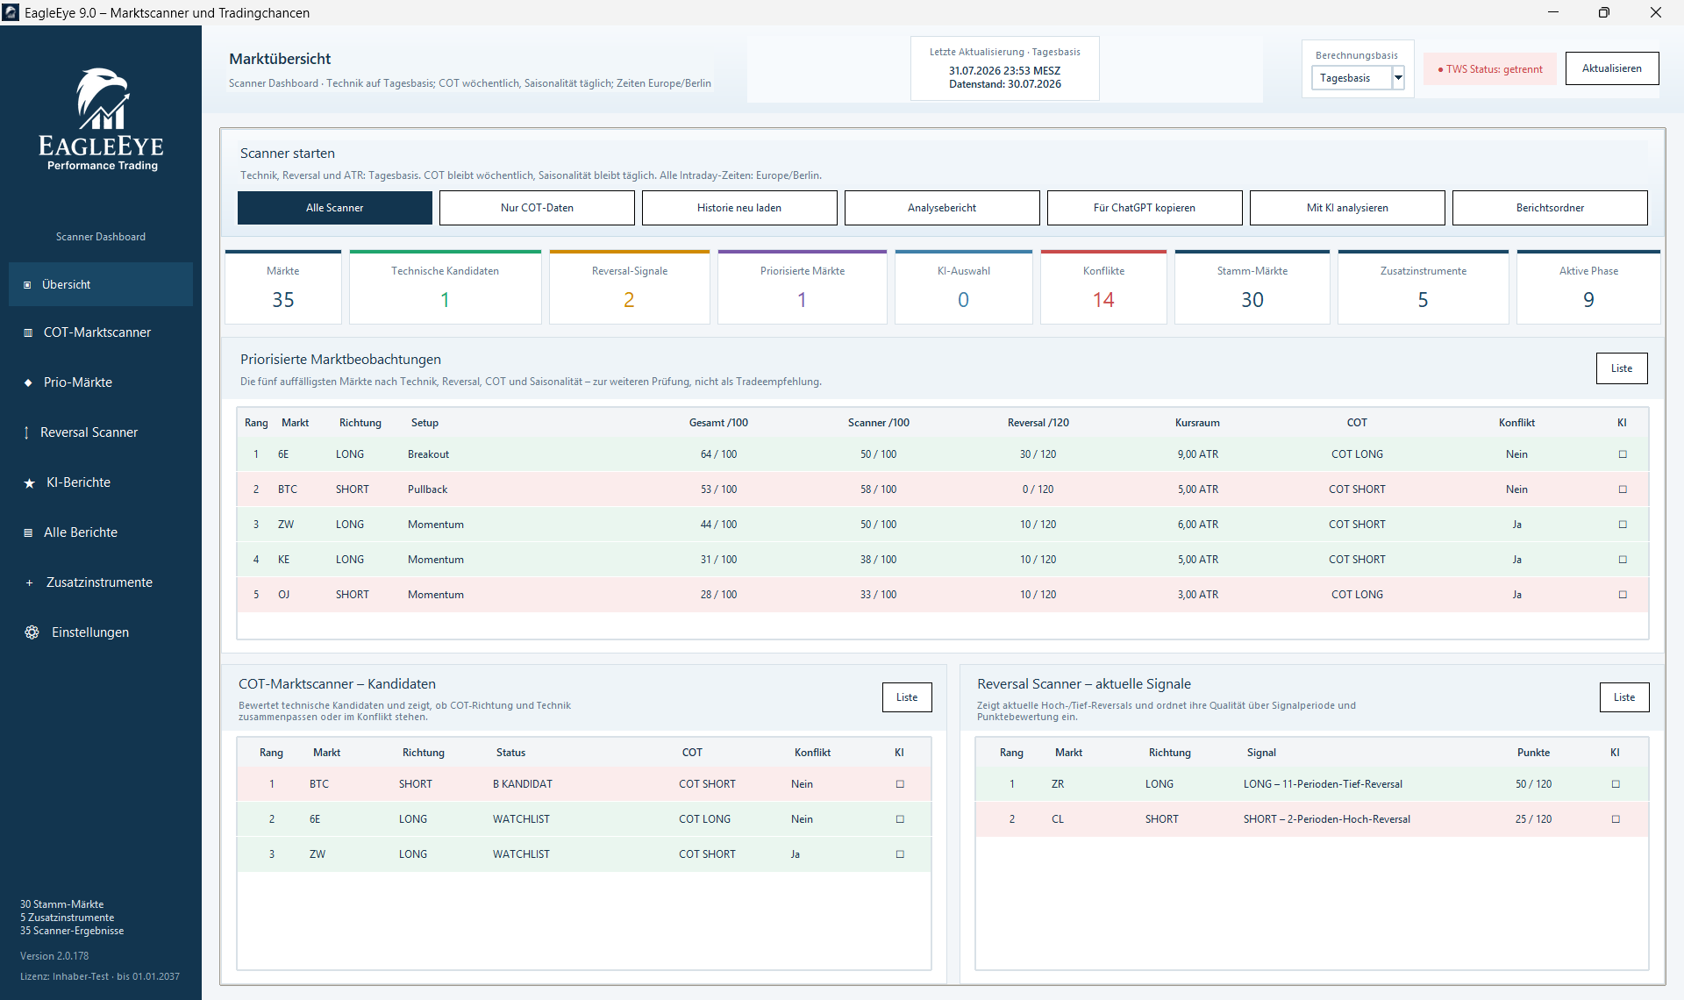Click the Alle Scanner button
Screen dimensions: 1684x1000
click(x=334, y=208)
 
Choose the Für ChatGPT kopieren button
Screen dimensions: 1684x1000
click(x=1145, y=208)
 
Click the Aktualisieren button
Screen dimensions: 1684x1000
click(x=1612, y=68)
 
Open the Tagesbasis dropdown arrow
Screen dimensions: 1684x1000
click(x=1398, y=78)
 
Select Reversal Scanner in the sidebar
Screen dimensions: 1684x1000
click(x=89, y=432)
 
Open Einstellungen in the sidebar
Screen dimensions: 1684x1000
click(x=89, y=632)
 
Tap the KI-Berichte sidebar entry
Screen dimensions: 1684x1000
click(x=78, y=482)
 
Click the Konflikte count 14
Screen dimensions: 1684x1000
click(x=1103, y=300)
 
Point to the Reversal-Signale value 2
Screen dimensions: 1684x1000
click(x=629, y=300)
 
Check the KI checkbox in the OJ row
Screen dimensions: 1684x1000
click(x=1623, y=595)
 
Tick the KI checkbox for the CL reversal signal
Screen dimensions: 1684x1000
click(x=1616, y=819)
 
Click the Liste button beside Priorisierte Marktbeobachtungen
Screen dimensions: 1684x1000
click(x=1622, y=368)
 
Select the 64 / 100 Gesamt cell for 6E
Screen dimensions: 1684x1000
click(x=718, y=454)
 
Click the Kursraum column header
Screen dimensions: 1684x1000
click(x=1197, y=423)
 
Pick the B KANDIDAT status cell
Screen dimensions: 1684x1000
click(x=523, y=784)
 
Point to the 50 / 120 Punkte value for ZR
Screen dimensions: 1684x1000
click(x=1533, y=784)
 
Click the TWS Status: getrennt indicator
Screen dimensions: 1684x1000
click(x=1490, y=69)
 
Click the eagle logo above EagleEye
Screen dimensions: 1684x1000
click(x=102, y=99)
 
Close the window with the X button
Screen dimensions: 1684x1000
click(x=1656, y=12)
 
